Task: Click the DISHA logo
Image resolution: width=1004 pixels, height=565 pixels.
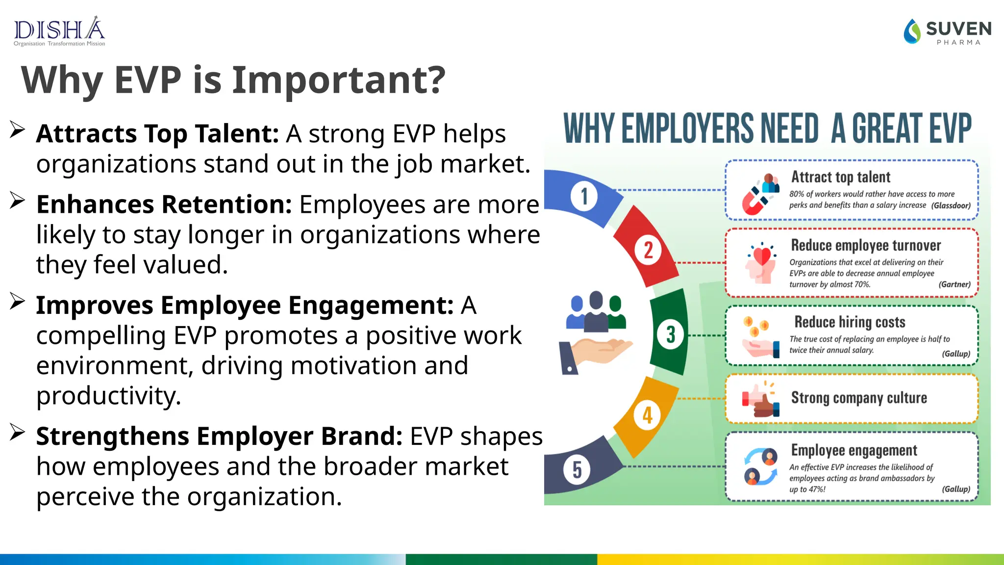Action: [59, 31]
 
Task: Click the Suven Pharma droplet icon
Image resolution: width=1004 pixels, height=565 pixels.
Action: [912, 31]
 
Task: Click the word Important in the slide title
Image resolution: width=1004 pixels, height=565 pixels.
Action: [338, 80]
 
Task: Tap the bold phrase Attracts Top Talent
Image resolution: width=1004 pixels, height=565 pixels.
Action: [157, 133]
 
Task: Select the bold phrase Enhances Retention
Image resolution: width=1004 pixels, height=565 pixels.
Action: [164, 205]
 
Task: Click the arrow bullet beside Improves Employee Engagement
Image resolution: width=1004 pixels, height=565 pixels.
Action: [18, 302]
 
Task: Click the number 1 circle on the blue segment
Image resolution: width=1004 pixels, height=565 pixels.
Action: [584, 197]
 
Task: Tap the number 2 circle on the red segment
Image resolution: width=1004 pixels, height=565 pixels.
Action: [648, 250]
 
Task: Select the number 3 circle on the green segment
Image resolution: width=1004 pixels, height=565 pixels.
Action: [671, 335]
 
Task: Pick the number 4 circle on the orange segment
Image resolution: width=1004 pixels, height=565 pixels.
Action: [648, 415]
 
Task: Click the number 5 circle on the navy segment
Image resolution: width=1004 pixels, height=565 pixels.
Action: [577, 470]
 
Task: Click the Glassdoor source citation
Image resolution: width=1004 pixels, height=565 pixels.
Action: [951, 205]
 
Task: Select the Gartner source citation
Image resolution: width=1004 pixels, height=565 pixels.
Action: [954, 284]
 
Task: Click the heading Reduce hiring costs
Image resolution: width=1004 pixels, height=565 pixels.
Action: [850, 322]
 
